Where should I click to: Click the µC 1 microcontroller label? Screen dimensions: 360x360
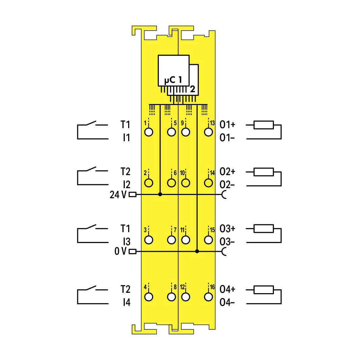click(173, 80)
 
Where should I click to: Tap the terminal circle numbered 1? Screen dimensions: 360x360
click(149, 132)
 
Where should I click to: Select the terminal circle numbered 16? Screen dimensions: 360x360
click(208, 297)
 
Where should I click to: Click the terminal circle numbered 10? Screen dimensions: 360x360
click(186, 183)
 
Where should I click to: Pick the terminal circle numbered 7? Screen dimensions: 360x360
click(172, 240)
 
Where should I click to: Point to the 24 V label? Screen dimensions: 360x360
click(118, 195)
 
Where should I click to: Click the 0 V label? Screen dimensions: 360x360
click(121, 251)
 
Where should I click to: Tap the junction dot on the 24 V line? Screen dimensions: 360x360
click(160, 194)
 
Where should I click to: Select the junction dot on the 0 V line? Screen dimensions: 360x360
click(197, 251)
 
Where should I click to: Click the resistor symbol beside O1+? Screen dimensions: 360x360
click(263, 125)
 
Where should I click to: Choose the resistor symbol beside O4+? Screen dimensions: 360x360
click(263, 290)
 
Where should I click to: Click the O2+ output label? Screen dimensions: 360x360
click(227, 172)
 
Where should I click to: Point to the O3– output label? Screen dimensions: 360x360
click(227, 242)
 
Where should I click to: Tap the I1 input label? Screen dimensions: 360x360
click(127, 138)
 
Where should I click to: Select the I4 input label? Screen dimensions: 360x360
click(127, 302)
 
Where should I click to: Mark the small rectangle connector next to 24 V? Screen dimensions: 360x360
click(132, 195)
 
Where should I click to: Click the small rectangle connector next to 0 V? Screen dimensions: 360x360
click(132, 251)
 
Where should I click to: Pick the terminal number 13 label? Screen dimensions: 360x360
click(212, 123)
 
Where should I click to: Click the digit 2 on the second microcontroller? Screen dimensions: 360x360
click(192, 89)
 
